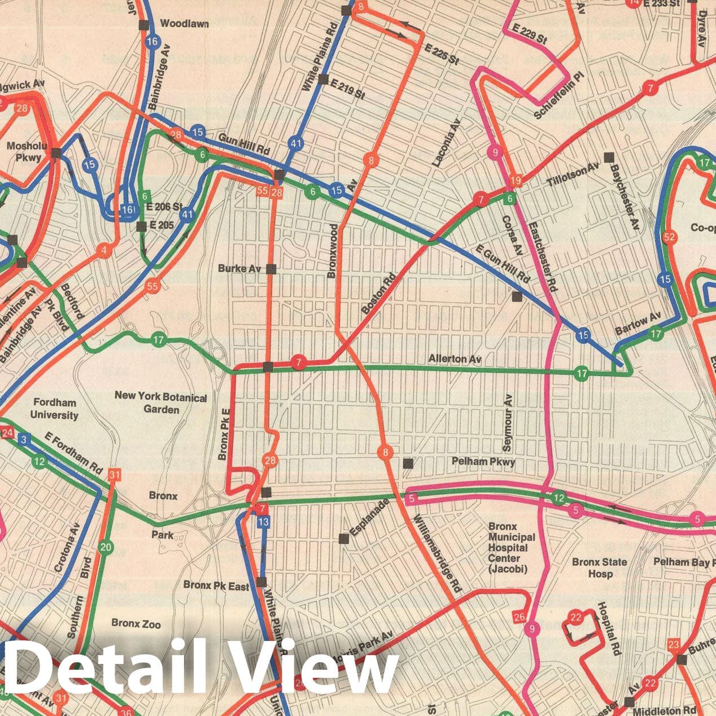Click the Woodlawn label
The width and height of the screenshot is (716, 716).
point(184,24)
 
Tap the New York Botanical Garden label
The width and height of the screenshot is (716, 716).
point(160,403)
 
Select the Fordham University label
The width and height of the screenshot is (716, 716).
point(54,409)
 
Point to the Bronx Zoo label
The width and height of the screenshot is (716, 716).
point(136,623)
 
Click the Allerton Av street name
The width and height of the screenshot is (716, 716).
point(455,359)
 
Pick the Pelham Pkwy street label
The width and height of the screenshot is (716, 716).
point(483,462)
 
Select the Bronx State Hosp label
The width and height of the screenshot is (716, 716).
point(599,567)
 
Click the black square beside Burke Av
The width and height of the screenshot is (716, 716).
point(271,269)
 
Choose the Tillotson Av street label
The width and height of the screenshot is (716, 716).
point(573,174)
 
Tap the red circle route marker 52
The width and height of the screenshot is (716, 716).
point(669,237)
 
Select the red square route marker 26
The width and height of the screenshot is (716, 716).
point(519,616)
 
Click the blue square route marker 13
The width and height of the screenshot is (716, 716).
point(263,522)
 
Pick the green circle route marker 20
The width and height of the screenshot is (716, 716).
point(105,547)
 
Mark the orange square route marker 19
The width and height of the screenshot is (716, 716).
point(515,181)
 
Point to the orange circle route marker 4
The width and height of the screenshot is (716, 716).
point(103,250)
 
